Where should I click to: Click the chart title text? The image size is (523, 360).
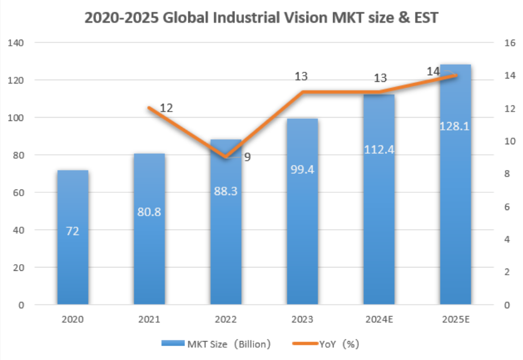261,17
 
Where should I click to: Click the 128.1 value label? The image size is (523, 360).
455,127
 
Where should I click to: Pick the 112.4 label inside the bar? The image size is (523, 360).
379,149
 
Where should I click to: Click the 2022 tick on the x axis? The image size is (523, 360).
226,320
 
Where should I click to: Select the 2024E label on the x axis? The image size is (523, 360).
379,320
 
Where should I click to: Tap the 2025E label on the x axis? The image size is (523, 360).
455,320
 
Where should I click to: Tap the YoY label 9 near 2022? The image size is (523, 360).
247,157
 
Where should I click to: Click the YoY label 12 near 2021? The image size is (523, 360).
166,108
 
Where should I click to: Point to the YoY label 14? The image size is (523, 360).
433,71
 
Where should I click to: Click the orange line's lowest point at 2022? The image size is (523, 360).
226,157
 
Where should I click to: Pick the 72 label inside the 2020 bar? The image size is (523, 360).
73,231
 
